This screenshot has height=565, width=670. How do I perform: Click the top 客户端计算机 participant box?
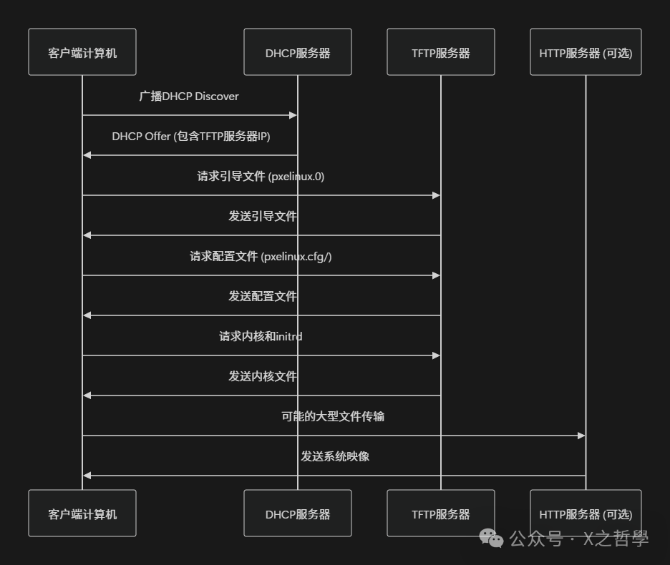[x=82, y=52]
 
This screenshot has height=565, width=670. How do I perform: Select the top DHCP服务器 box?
[x=298, y=52]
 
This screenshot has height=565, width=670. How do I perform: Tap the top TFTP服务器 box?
[x=441, y=52]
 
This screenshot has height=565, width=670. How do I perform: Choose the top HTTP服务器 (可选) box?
[x=586, y=52]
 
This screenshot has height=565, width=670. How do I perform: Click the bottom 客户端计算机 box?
[x=82, y=514]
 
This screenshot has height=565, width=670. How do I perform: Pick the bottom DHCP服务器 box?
[x=298, y=514]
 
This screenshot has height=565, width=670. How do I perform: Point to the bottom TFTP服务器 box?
[x=441, y=514]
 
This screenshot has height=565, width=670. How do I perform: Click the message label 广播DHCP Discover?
[x=189, y=97]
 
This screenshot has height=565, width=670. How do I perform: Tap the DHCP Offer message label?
[x=191, y=137]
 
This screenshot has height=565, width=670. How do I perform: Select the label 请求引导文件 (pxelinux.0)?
[x=261, y=177]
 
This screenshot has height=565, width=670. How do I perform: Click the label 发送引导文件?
[x=262, y=216]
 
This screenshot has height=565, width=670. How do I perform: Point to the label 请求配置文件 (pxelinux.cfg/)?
[x=261, y=257]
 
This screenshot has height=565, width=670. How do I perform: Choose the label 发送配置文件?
[x=262, y=296]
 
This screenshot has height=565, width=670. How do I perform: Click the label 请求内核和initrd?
[x=261, y=336]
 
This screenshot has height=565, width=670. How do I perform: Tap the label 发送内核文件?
[x=262, y=376]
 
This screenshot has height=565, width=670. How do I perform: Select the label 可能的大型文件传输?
[x=333, y=416]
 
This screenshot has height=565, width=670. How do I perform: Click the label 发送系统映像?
[x=334, y=456]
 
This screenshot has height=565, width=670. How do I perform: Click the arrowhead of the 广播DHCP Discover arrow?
[x=293, y=115]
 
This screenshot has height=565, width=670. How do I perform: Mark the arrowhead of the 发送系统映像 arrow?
[x=87, y=476]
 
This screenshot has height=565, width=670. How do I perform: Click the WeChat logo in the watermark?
[x=491, y=538]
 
